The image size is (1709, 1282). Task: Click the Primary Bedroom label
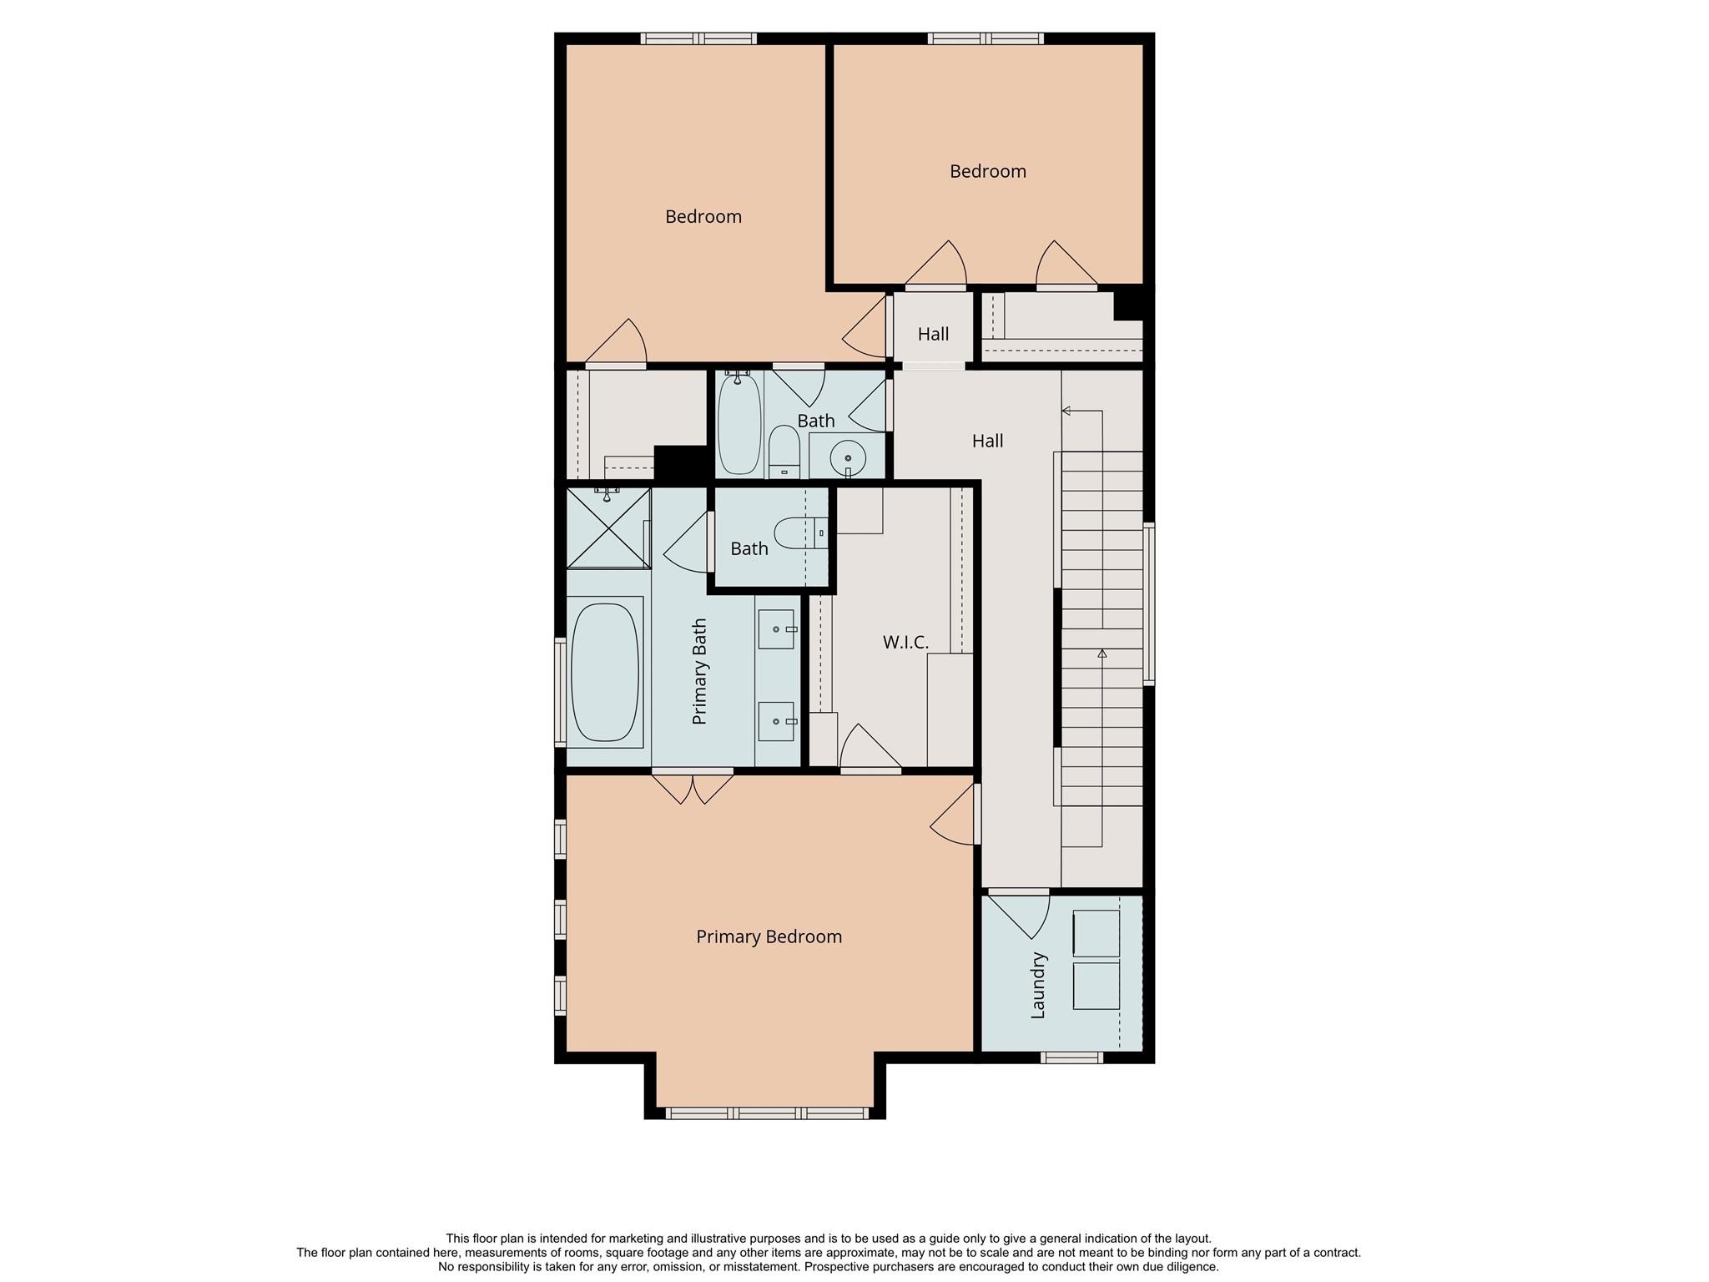(769, 936)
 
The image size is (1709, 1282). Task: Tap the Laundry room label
(1038, 986)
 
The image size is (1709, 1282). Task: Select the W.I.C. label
(905, 642)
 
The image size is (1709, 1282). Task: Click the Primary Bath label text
(699, 671)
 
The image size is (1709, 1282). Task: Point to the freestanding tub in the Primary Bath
(605, 673)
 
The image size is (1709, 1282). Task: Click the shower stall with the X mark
(607, 528)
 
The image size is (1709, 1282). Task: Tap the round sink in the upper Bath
(848, 457)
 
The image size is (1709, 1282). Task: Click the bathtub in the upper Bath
(739, 424)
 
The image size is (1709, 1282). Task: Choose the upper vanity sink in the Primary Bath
(775, 628)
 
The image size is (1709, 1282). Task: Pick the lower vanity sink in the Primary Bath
(775, 721)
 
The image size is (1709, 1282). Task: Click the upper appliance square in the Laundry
(1095, 933)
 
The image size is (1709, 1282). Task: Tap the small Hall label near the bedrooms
(933, 334)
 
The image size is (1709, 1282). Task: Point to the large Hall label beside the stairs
(987, 441)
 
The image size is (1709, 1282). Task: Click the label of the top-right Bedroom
(987, 171)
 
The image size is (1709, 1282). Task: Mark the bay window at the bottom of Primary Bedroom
(767, 1113)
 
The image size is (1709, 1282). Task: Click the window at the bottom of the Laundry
(1071, 1057)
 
